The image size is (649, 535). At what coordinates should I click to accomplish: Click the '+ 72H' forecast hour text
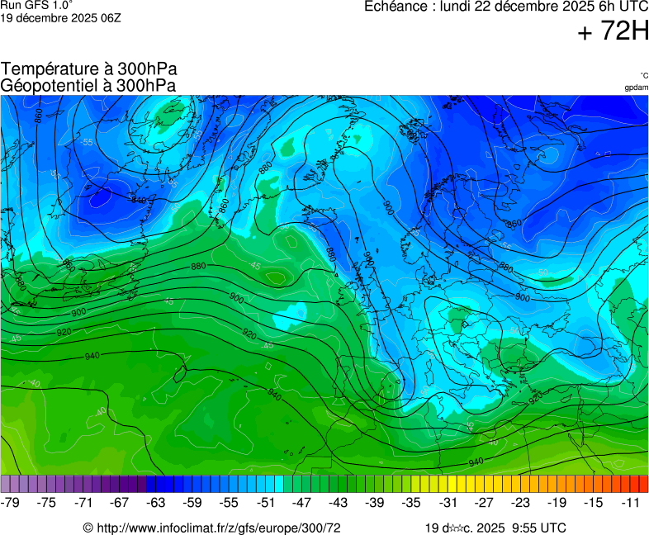click(613, 32)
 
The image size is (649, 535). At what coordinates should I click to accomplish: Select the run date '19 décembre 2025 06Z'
click(60, 17)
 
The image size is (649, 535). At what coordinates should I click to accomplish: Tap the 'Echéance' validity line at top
click(506, 7)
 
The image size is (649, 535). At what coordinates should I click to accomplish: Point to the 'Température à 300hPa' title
click(89, 69)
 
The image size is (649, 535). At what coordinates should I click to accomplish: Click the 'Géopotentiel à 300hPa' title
click(88, 85)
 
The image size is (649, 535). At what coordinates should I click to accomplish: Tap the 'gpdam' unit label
click(636, 88)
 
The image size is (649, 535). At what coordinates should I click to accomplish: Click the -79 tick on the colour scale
click(11, 502)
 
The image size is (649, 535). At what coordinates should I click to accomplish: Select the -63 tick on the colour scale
click(156, 502)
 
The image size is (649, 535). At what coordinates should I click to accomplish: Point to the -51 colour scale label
click(266, 502)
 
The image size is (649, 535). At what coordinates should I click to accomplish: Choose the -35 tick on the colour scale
click(411, 502)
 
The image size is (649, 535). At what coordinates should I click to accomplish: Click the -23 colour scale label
click(520, 502)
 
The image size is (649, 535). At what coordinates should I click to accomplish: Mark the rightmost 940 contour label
click(476, 462)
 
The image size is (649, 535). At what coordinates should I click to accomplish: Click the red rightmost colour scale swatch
click(643, 484)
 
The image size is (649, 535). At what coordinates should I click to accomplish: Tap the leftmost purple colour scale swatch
click(6, 484)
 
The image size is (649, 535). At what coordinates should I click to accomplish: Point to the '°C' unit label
click(643, 75)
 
